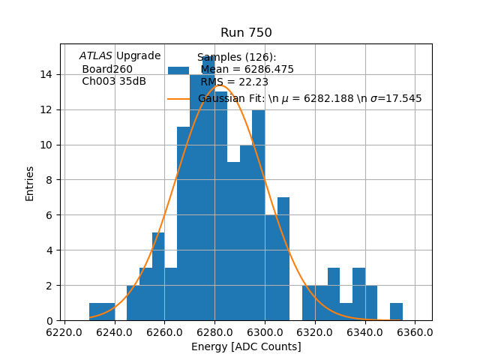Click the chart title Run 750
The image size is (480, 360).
pos(246,33)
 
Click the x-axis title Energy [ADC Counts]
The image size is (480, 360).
pos(246,346)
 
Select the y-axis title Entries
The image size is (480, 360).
pos(30,182)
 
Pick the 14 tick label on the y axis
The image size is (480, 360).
pos(46,74)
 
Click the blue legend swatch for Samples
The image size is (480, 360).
pos(178,70)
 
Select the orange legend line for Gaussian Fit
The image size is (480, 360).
pos(178,98)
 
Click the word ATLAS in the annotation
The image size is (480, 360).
pos(96,55)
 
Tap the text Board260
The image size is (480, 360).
pos(107,69)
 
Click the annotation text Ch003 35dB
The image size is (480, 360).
pos(114,81)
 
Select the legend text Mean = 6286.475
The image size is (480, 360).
pos(247,70)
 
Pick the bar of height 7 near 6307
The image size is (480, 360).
pos(283,259)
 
